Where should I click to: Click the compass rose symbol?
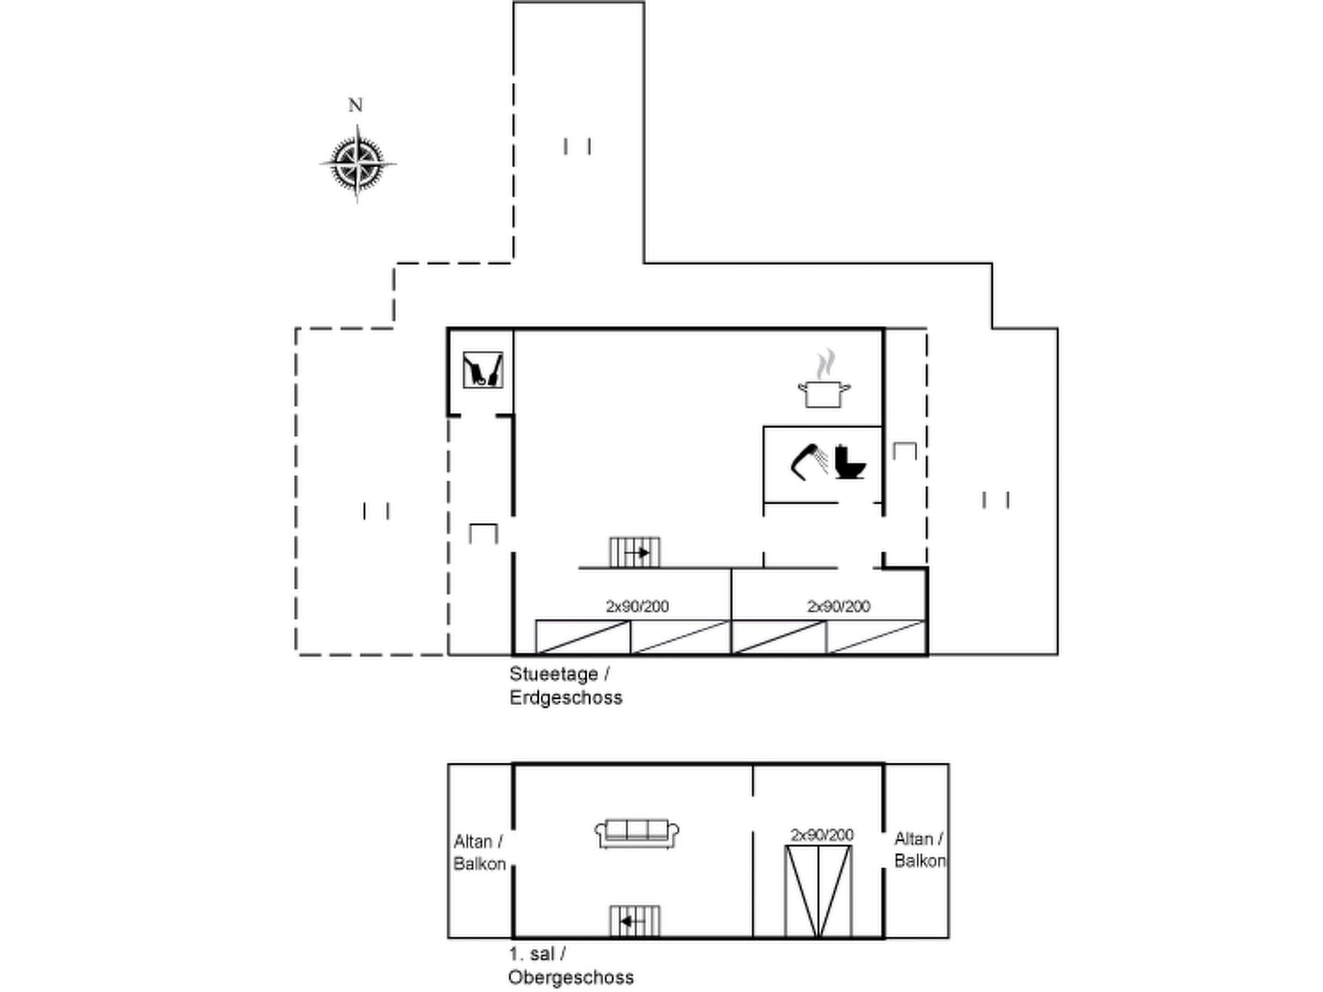(x=357, y=163)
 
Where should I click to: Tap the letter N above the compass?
(x=355, y=105)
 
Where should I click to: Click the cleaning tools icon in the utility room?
(x=483, y=369)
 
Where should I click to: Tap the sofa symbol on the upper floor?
(x=636, y=833)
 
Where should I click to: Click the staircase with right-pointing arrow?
(x=634, y=552)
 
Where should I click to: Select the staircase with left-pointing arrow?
(x=634, y=920)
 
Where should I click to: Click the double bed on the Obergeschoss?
(x=818, y=891)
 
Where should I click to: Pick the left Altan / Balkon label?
(x=479, y=852)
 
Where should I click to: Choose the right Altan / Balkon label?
(x=919, y=850)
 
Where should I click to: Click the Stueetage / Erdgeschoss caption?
(x=565, y=686)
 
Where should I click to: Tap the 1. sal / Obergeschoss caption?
(x=570, y=966)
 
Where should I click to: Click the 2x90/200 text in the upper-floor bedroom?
(x=822, y=834)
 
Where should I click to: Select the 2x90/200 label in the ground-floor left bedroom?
(x=637, y=606)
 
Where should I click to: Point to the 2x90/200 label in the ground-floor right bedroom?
(x=839, y=606)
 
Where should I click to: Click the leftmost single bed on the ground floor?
(x=583, y=637)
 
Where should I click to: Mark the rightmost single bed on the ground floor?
(x=877, y=637)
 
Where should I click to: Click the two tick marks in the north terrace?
(x=577, y=147)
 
